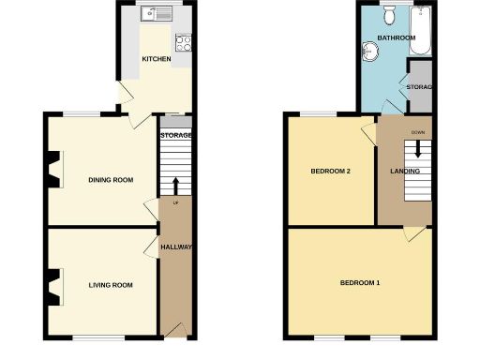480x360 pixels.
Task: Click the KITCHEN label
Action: (x=156, y=60)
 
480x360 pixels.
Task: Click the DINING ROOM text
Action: (x=111, y=180)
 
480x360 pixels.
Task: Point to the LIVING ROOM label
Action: (x=111, y=285)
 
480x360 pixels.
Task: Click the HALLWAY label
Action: (x=176, y=247)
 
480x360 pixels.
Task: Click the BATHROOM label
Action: (x=396, y=38)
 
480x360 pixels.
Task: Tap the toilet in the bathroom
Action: (x=389, y=13)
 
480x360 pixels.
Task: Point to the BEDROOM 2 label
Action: (x=330, y=172)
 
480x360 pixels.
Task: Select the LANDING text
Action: (x=404, y=172)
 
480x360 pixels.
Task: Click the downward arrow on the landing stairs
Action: (x=417, y=150)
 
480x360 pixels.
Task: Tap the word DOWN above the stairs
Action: (x=417, y=132)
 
